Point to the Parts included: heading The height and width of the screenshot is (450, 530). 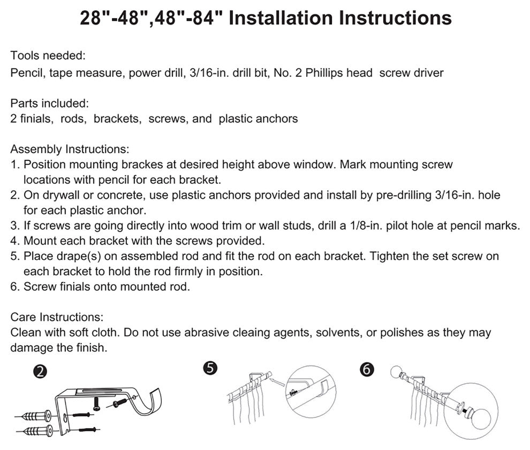[49, 102]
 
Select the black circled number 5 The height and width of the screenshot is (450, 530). [209, 368]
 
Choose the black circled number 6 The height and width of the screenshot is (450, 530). [367, 369]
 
